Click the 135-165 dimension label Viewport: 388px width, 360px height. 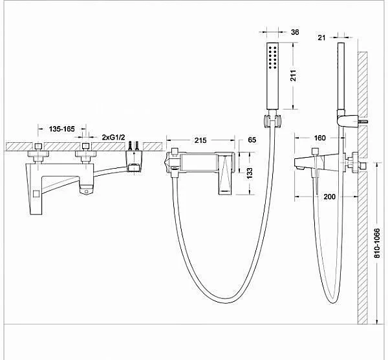pos(61,129)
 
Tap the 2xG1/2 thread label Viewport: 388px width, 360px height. pos(114,137)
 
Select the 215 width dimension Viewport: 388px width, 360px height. pos(200,140)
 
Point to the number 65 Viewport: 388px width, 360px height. pos(252,140)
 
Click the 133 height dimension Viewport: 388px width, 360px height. pos(250,173)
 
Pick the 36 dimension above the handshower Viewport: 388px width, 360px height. pos(295,32)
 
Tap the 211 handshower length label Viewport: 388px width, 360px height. pos(293,76)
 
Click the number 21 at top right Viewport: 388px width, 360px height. pos(321,37)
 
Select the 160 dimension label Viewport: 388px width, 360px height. pos(319,138)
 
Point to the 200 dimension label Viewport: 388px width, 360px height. pos(330,196)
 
